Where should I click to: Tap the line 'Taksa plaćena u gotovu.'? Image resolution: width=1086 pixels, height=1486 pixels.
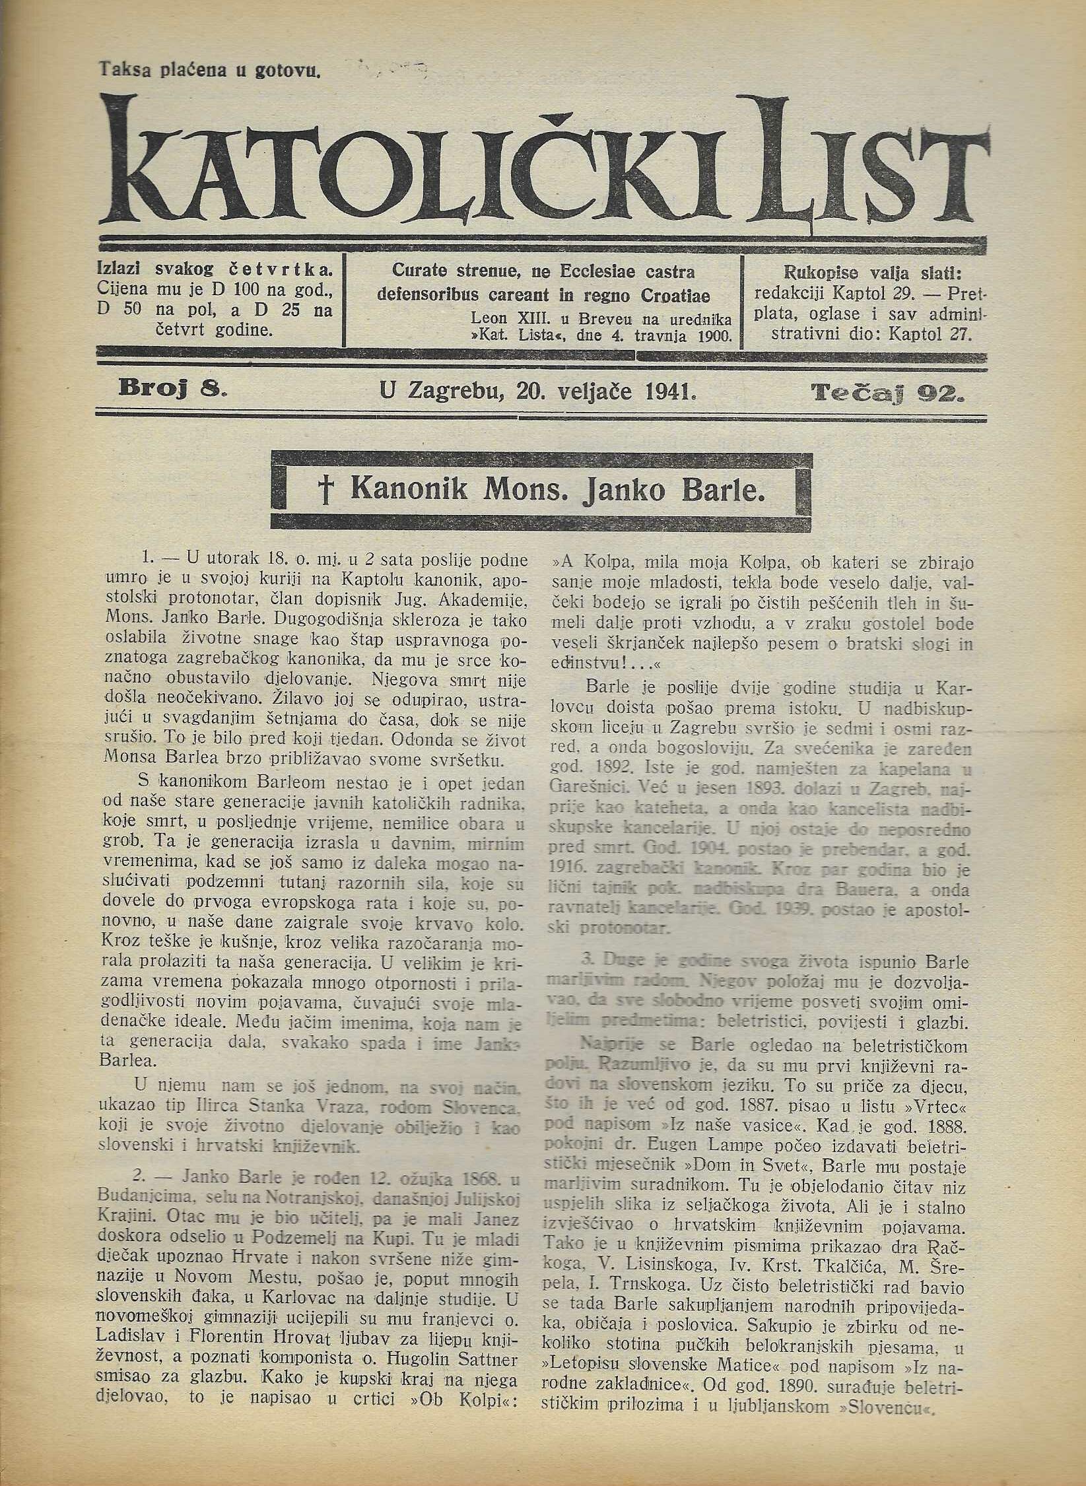[x=209, y=69]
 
